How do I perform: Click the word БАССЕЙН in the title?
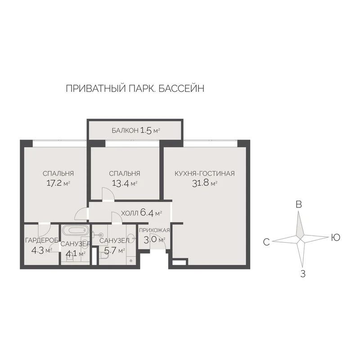pyautogui.click(x=181, y=89)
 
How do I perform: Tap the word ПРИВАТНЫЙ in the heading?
pyautogui.click(x=95, y=89)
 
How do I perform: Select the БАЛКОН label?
pyautogui.click(x=125, y=130)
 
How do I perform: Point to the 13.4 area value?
pyautogui.click(x=120, y=183)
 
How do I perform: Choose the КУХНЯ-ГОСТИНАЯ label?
pyautogui.click(x=205, y=173)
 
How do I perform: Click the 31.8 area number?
pyautogui.click(x=200, y=183)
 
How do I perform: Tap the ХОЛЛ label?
pyautogui.click(x=130, y=213)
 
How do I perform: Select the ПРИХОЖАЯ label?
pyautogui.click(x=154, y=230)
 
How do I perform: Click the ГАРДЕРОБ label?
pyautogui.click(x=41, y=240)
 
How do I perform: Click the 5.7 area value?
pyautogui.click(x=110, y=251)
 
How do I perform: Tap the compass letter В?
pyautogui.click(x=299, y=204)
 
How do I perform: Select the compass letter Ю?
pyautogui.click(x=336, y=238)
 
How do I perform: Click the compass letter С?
pyautogui.click(x=266, y=242)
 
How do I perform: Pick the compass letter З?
pyautogui.click(x=303, y=274)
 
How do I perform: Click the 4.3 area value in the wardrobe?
pyautogui.click(x=38, y=250)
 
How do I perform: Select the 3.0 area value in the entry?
pyautogui.click(x=150, y=240)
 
